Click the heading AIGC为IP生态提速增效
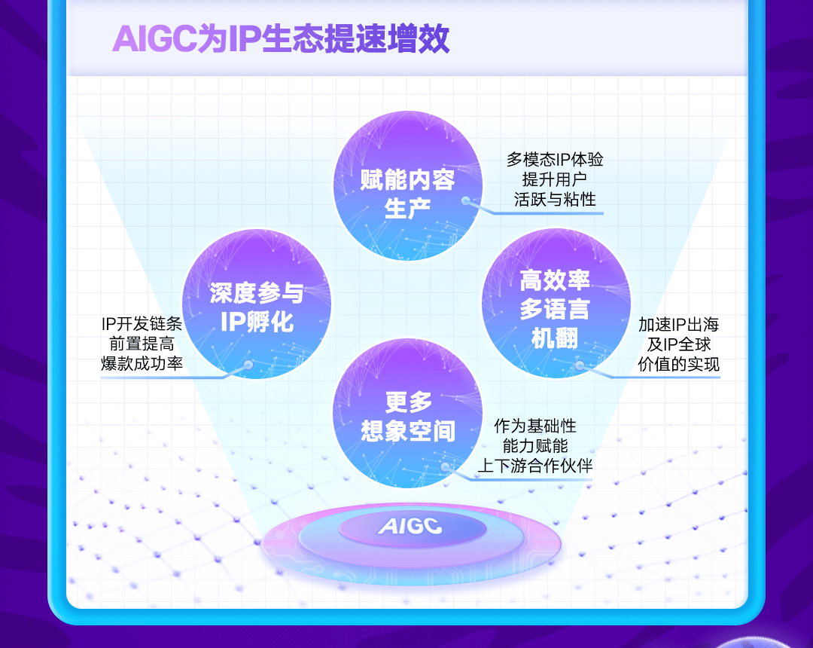click(280, 40)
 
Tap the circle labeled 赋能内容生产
click(407, 186)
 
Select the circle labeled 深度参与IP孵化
click(257, 304)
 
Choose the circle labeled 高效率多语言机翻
click(556, 304)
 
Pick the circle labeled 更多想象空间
click(407, 414)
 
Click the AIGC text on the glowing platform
click(410, 526)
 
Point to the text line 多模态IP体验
click(555, 160)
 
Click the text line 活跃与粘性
click(555, 199)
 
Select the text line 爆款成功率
click(142, 364)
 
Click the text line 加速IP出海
click(678, 325)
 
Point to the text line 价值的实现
click(678, 364)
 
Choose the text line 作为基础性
click(534, 426)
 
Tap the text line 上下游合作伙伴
click(534, 466)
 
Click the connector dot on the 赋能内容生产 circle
click(466, 201)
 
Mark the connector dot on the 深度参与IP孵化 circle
click(248, 365)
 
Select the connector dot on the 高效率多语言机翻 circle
click(579, 365)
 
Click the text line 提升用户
click(555, 179)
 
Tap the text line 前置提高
click(142, 344)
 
